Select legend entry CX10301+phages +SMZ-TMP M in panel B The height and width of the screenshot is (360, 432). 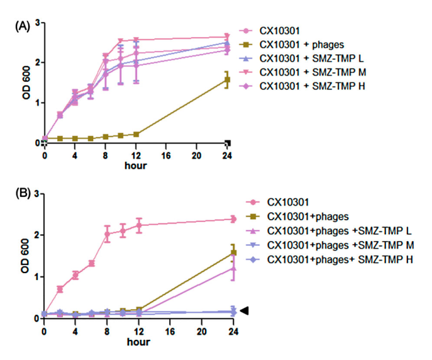(329, 245)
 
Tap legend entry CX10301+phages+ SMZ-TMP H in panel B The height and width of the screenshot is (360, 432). (329, 259)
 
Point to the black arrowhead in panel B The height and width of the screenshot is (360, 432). (245, 310)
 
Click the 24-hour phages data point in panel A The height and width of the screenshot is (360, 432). (226, 80)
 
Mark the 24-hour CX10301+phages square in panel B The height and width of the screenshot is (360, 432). (233, 253)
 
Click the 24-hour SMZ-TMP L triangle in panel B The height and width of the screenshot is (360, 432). (233, 268)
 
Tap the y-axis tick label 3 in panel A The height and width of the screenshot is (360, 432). (37, 23)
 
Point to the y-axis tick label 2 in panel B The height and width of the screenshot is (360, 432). (37, 235)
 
